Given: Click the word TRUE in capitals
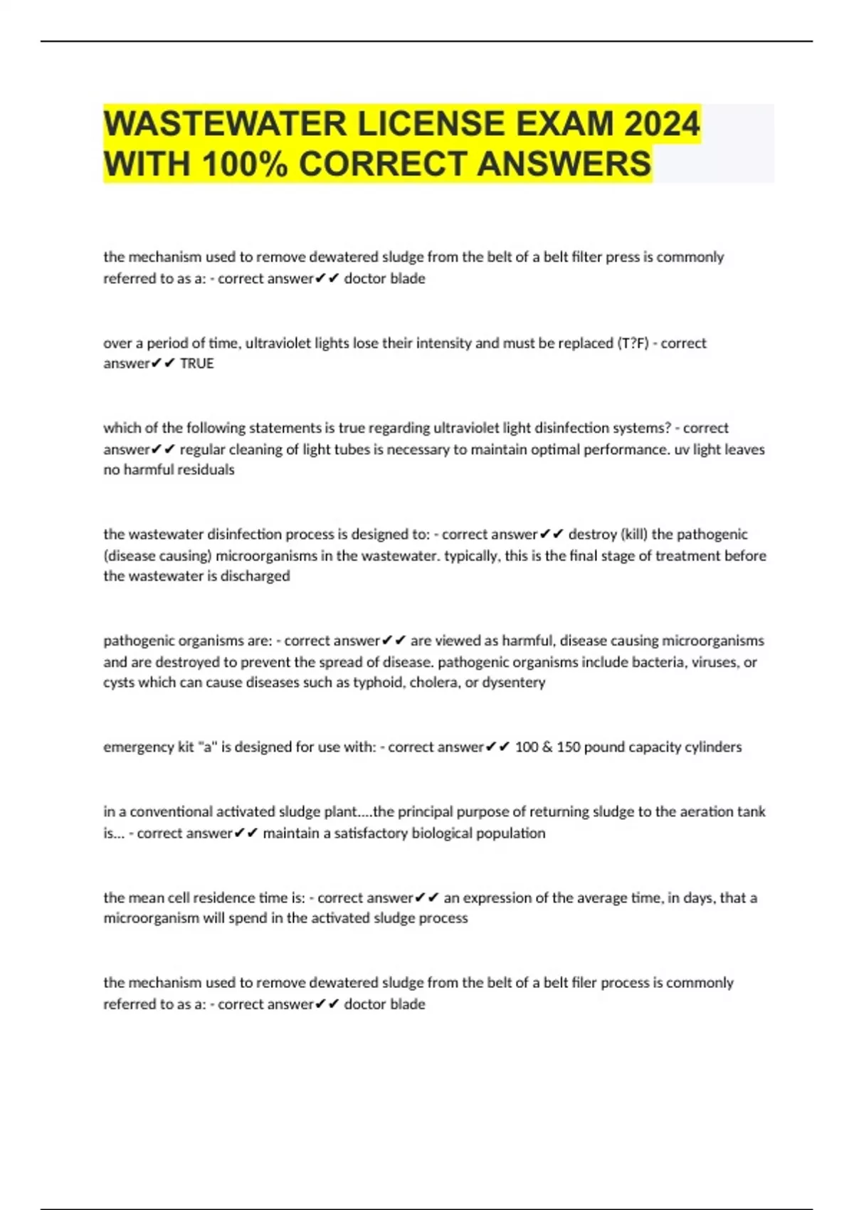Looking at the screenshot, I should coord(196,364).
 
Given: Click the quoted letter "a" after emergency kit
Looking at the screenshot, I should coord(207,747).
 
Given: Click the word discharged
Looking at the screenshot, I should coord(255,576).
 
